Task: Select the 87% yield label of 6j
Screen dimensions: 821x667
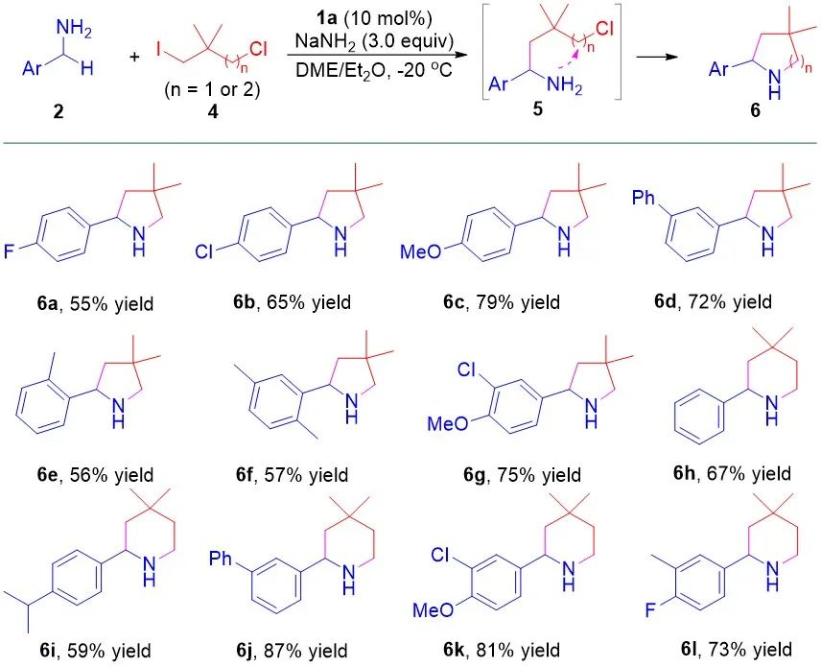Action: (x=292, y=651)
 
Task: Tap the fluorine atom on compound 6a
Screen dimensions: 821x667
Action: (x=10, y=251)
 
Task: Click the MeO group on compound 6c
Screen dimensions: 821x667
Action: (x=420, y=251)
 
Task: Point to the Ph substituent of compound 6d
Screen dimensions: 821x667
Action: (x=644, y=198)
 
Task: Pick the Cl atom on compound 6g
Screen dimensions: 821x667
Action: (x=466, y=370)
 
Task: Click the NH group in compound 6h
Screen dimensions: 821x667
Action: (x=771, y=410)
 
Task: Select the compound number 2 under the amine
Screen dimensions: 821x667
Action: (x=58, y=111)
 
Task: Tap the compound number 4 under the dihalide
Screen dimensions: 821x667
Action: (x=213, y=111)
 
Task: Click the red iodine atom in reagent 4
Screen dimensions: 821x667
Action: (x=159, y=49)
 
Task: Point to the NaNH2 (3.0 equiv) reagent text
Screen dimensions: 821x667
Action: (x=374, y=40)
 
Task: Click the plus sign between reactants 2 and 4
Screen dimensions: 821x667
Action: (x=134, y=57)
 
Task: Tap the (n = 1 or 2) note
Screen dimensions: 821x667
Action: (x=212, y=90)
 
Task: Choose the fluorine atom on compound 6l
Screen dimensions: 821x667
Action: (x=650, y=610)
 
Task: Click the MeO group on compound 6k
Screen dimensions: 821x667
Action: (x=434, y=610)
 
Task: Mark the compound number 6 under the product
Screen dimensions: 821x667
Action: (x=755, y=111)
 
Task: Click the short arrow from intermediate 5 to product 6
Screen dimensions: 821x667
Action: (x=654, y=56)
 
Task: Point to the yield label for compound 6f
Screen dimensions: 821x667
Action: (x=292, y=475)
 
